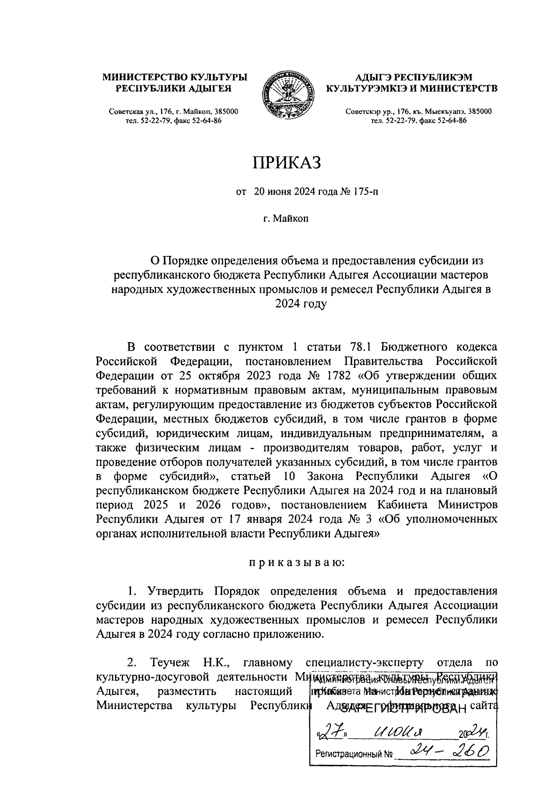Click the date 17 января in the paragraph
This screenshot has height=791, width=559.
(x=253, y=519)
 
